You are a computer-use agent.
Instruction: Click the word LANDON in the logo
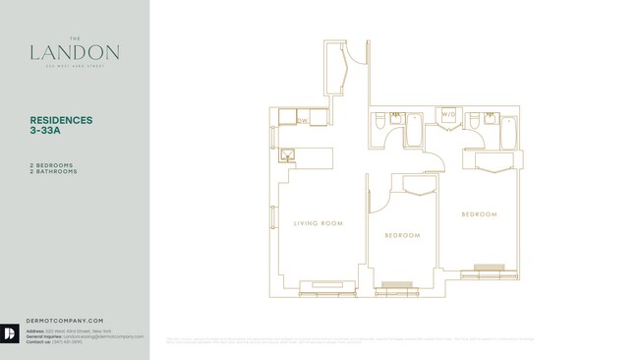click(75, 53)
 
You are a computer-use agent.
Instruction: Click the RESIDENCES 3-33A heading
click(61, 126)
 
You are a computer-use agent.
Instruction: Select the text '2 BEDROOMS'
click(53, 165)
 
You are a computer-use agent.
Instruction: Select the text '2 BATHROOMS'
click(54, 172)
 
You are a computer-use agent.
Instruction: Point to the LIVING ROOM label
click(318, 223)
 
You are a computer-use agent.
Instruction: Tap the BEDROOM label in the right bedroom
click(479, 213)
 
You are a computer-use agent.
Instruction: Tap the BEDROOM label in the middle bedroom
click(402, 235)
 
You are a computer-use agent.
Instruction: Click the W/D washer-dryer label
click(448, 115)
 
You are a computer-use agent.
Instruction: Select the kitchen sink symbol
click(288, 153)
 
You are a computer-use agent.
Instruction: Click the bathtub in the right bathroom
click(508, 131)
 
